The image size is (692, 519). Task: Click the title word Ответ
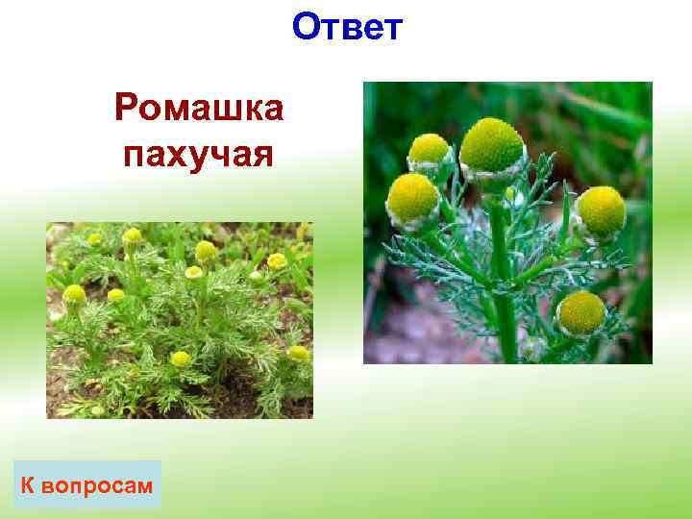coord(348,28)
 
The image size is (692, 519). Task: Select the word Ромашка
coord(198,109)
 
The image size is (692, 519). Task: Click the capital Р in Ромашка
coord(126,109)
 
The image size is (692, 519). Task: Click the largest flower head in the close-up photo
coord(491,146)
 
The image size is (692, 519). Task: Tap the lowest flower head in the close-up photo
coord(581,311)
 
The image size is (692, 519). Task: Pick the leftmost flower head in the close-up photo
coord(412,197)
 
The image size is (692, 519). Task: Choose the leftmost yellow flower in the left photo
coord(74,294)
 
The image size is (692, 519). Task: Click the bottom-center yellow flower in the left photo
coord(180,358)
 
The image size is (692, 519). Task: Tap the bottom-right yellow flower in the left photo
coord(297,353)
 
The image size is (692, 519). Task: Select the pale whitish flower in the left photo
coord(193,273)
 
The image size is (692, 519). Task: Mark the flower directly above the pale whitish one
coord(205,250)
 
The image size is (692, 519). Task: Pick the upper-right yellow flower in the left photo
coord(277,260)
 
